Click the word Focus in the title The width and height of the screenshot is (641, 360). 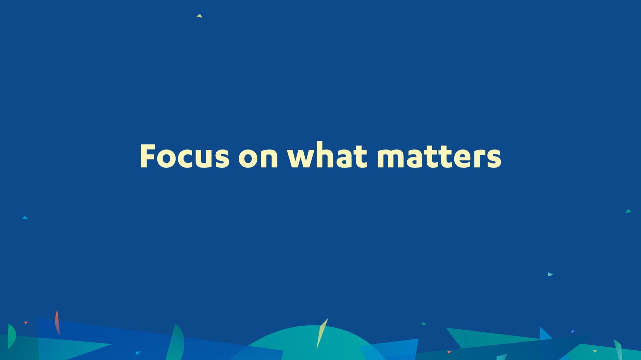tap(185, 155)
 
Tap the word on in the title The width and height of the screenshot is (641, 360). tap(258, 157)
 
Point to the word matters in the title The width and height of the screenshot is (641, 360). tap(439, 156)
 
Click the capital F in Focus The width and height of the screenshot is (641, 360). tap(148, 156)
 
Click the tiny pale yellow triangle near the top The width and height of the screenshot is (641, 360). tap(200, 16)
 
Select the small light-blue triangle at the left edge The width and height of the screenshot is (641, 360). tap(25, 218)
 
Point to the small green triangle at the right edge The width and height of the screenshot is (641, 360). tap(628, 211)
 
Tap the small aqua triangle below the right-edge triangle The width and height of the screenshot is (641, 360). tap(550, 274)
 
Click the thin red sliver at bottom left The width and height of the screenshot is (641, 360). tap(57, 322)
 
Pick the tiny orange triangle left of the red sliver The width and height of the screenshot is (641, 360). tap(26, 323)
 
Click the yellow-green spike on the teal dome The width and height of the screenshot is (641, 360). tap(322, 334)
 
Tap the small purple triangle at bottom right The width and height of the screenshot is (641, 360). tap(573, 332)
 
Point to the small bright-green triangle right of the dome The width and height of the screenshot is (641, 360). tap(424, 324)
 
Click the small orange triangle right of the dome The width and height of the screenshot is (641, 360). tap(449, 352)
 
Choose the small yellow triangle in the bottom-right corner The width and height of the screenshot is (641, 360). tap(595, 351)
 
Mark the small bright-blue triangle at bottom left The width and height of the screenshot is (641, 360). tap(138, 353)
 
